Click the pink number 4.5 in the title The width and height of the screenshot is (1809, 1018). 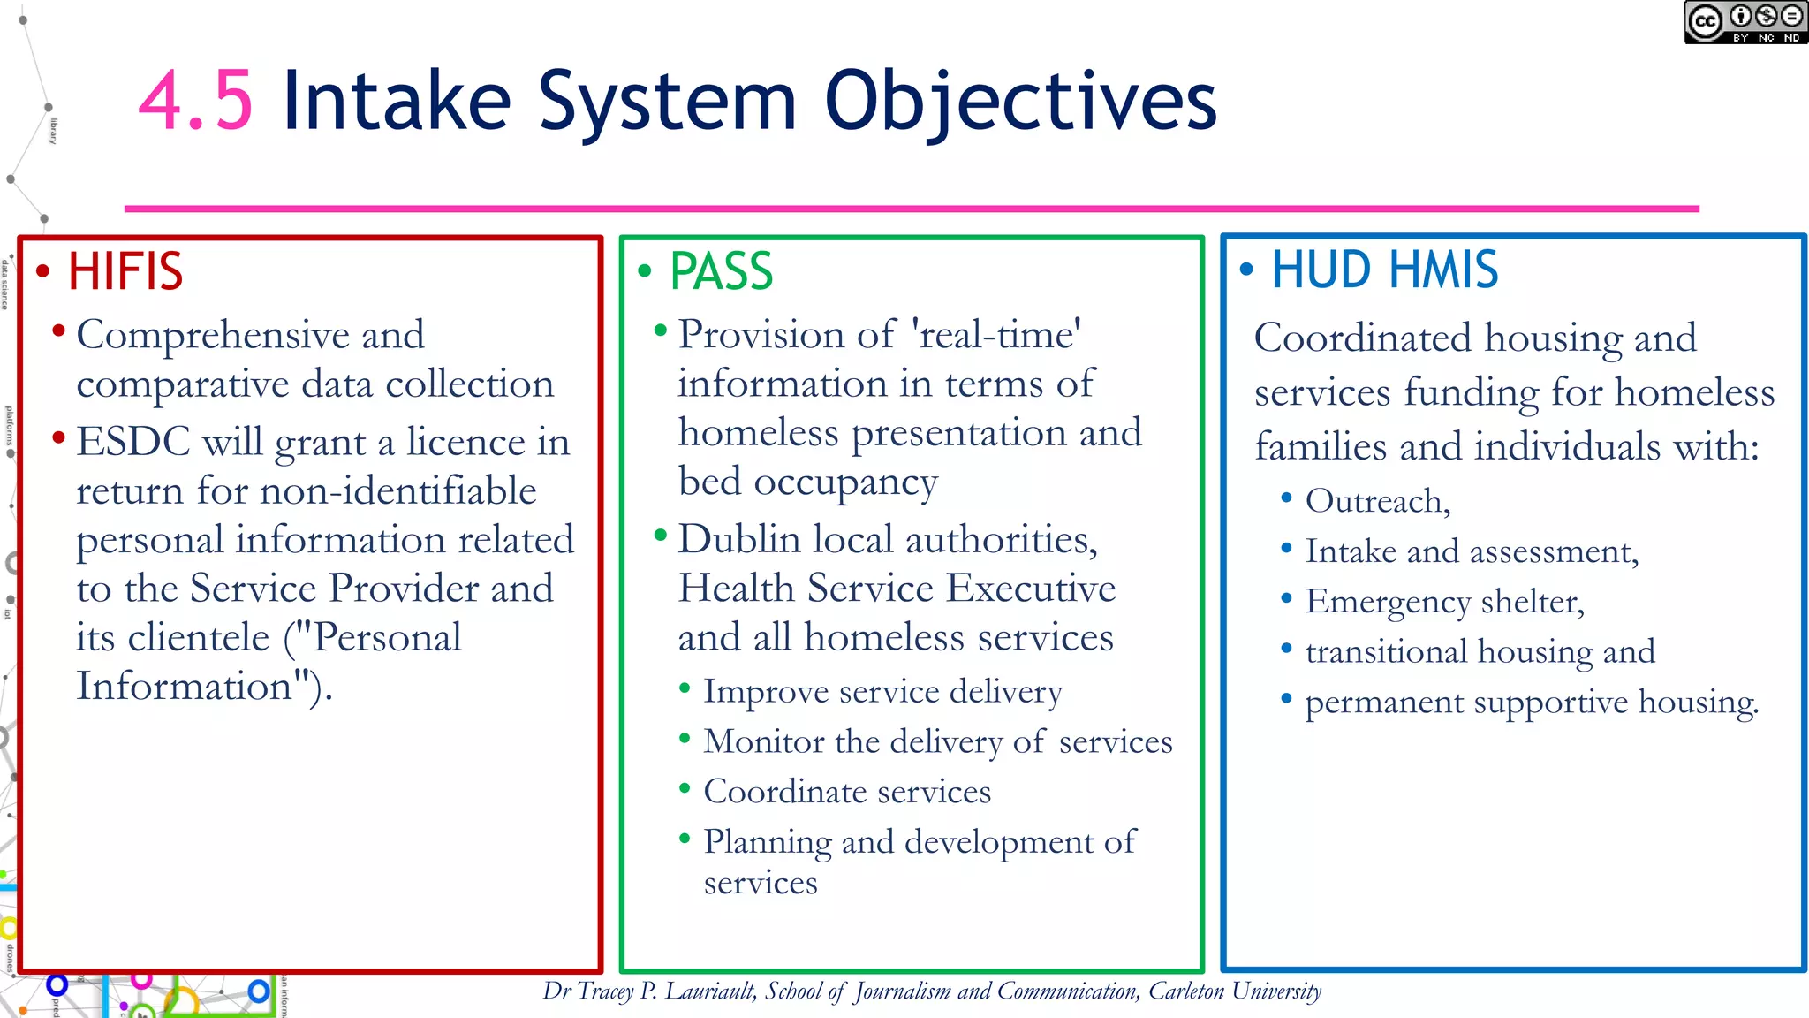196,102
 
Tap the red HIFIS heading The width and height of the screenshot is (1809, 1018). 125,271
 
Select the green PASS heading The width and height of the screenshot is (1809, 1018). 721,271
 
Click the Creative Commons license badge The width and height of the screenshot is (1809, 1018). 1745,22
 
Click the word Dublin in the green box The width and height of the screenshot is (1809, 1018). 738,540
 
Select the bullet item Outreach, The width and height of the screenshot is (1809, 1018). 1377,501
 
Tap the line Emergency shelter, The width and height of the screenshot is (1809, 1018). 1444,602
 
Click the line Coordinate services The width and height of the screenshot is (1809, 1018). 846,792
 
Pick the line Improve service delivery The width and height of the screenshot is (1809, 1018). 882,691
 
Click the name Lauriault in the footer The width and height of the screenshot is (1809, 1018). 710,991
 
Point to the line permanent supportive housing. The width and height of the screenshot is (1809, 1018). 1531,703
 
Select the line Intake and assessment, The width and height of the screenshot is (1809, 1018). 1472,551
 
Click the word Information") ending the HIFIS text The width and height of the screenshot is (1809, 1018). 204,687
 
